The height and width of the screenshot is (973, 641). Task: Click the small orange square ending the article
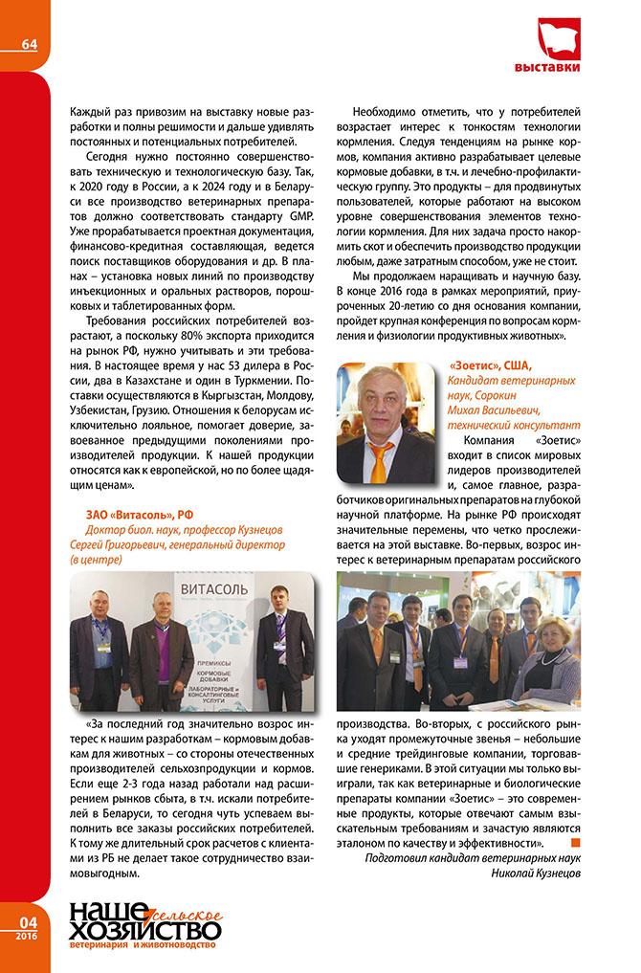pos(575,842)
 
